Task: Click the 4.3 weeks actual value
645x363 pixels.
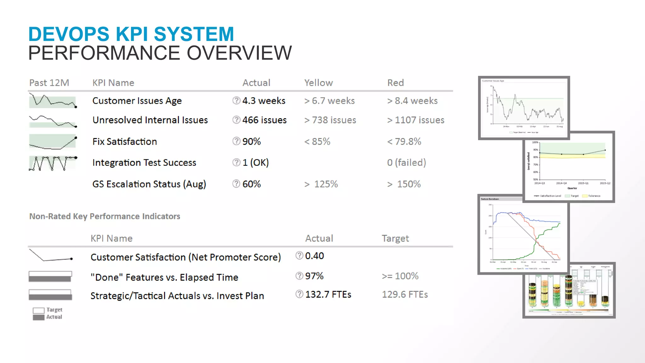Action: (x=264, y=101)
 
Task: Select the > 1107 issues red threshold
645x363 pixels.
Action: (x=416, y=120)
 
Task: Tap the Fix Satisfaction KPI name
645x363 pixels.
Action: (x=125, y=141)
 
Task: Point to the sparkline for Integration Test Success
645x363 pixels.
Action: (x=53, y=163)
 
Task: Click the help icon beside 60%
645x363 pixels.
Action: (x=236, y=184)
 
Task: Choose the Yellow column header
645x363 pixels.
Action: (x=318, y=83)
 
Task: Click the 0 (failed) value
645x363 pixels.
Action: (x=406, y=163)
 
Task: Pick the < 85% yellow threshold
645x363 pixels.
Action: (x=317, y=141)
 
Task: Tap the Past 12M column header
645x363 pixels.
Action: (x=49, y=83)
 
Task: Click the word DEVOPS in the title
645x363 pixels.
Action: (x=69, y=34)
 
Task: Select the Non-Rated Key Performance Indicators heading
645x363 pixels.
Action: (x=105, y=216)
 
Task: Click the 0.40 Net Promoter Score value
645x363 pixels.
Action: (x=314, y=256)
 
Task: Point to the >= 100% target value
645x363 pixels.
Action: (x=400, y=276)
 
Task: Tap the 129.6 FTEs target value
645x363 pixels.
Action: (x=405, y=295)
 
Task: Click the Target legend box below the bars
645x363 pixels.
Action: (x=39, y=310)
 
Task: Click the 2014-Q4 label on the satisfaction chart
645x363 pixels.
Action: (x=561, y=183)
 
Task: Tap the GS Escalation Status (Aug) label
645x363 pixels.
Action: (x=149, y=184)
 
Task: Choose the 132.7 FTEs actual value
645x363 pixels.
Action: (x=328, y=295)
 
